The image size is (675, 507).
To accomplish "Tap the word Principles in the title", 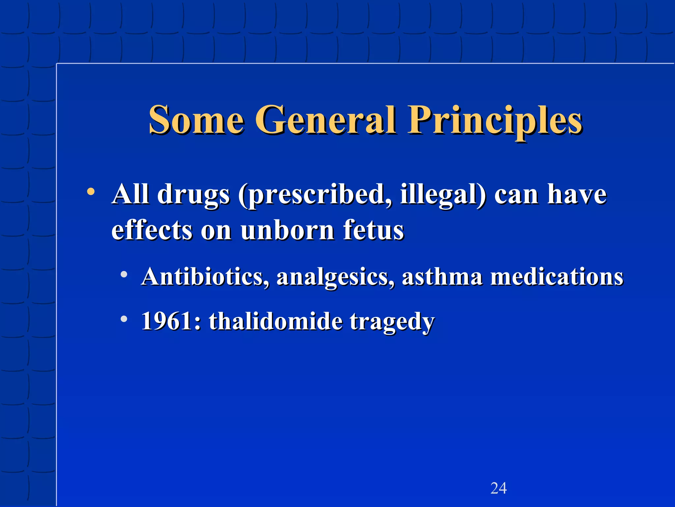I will [x=495, y=121].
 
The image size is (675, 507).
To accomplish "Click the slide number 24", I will [x=498, y=488].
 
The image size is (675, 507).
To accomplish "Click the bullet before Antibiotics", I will [x=124, y=274].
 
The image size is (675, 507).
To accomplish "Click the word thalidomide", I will [x=276, y=321].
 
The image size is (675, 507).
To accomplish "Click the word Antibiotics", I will [x=205, y=276].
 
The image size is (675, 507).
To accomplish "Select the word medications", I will [x=557, y=276].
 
